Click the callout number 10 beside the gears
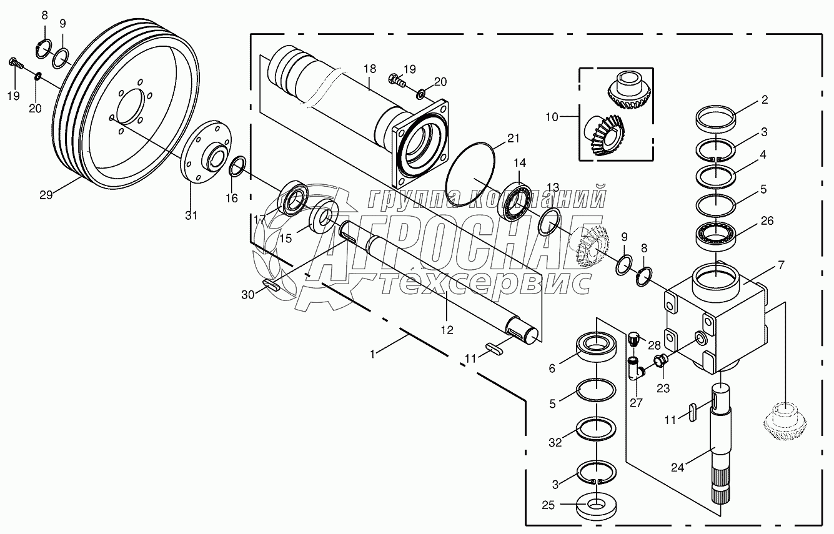point(551,116)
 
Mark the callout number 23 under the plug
point(663,388)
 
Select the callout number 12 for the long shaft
point(447,329)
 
